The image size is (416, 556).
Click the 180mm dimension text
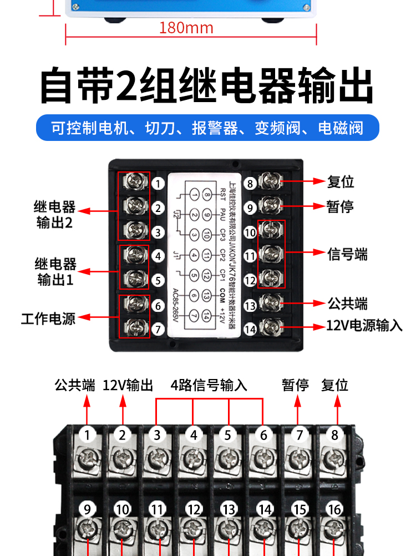(186, 28)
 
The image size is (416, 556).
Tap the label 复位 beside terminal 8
(341, 182)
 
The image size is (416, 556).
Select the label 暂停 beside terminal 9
(341, 206)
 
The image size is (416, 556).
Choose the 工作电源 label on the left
(48, 319)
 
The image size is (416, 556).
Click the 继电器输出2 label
(55, 215)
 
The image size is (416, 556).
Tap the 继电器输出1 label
(55, 271)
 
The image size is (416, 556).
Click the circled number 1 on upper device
(158, 183)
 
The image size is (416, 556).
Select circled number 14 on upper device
(251, 329)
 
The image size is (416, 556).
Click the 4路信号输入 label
(209, 385)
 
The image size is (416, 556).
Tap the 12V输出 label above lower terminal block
(128, 385)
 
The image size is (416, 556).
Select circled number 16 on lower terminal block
(334, 509)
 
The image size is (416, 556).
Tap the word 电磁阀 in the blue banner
(341, 128)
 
